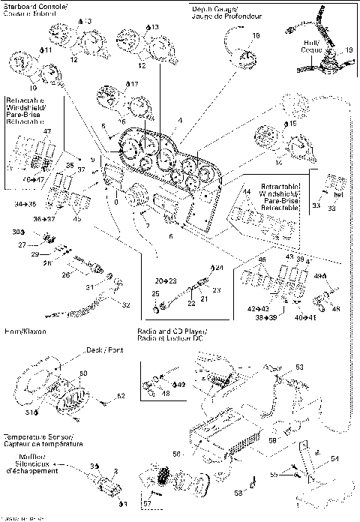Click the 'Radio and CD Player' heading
click(172, 331)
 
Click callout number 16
click(122, 120)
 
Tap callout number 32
click(126, 306)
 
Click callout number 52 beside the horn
click(121, 395)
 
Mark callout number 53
click(299, 367)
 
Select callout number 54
click(335, 456)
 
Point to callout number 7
click(147, 226)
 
